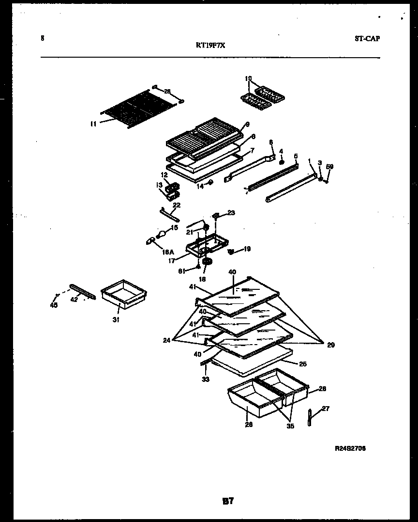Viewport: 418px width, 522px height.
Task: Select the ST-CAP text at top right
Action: point(366,39)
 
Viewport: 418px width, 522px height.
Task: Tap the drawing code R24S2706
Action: point(350,449)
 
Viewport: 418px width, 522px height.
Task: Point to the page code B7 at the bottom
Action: point(228,502)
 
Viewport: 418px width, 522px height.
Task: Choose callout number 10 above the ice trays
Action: point(248,78)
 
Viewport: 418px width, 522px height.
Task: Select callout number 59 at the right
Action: point(329,167)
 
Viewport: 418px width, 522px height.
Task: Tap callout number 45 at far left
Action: point(54,305)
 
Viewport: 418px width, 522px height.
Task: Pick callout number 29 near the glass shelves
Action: point(330,345)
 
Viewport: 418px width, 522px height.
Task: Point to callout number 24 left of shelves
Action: point(166,340)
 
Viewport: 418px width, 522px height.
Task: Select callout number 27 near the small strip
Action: point(325,409)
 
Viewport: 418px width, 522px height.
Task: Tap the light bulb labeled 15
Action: point(162,235)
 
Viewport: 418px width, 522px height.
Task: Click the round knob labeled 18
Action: point(208,262)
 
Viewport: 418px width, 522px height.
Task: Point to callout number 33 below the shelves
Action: point(206,379)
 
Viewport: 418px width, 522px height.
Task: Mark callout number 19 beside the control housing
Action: point(247,249)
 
